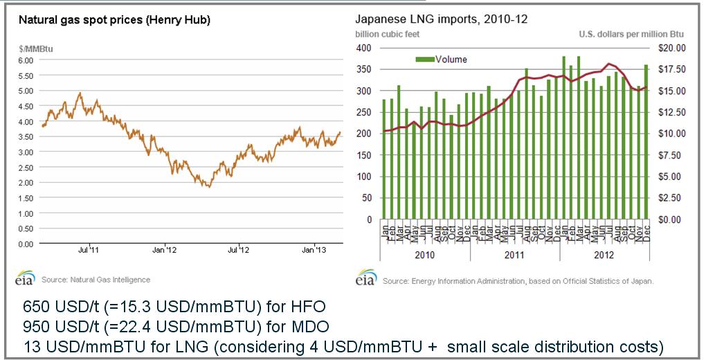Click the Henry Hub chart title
click(112, 20)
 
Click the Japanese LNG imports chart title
click(442, 19)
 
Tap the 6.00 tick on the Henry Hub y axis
click(25, 60)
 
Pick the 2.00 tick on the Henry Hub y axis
click(25, 183)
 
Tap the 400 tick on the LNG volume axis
click(364, 48)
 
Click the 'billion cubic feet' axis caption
click(388, 34)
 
